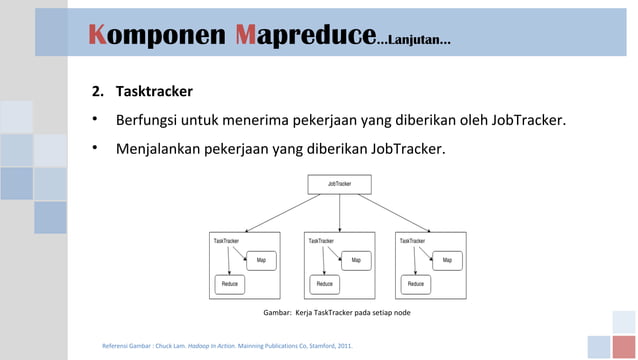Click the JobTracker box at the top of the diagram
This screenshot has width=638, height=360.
pyautogui.click(x=340, y=184)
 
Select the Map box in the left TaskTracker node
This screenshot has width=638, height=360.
pyautogui.click(x=261, y=260)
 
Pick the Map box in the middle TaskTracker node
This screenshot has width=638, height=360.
pyautogui.click(x=356, y=260)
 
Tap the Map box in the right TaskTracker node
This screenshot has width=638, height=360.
pyautogui.click(x=447, y=260)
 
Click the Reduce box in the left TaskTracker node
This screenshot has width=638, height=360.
pyautogui.click(x=229, y=284)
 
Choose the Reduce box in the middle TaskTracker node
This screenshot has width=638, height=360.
pyautogui.click(x=324, y=284)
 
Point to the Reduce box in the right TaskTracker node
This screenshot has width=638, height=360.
pyautogui.click(x=415, y=284)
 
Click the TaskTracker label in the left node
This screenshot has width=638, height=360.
pyautogui.click(x=225, y=241)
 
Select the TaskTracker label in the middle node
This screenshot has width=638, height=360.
pyautogui.click(x=320, y=241)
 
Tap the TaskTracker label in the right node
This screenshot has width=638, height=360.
pyautogui.click(x=411, y=241)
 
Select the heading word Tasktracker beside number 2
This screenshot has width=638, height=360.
pyautogui.click(x=154, y=92)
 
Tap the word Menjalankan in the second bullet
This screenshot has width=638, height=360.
pyautogui.click(x=159, y=150)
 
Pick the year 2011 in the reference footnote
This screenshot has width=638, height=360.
pyautogui.click(x=343, y=347)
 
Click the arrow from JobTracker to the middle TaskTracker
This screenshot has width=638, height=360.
pyautogui.click(x=340, y=213)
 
